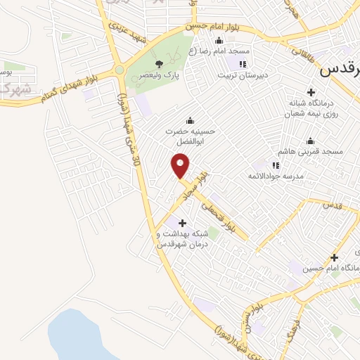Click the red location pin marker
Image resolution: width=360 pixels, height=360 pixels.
pyautogui.click(x=181, y=167)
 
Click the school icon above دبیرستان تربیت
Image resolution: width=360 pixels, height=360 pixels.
pyautogui.click(x=243, y=65)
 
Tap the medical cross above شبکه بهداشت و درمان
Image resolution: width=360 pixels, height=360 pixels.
pyautogui.click(x=183, y=222)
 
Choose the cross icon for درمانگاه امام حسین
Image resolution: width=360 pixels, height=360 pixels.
pyautogui.click(x=334, y=257)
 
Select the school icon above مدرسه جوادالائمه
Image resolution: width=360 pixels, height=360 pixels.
pyautogui.click(x=276, y=165)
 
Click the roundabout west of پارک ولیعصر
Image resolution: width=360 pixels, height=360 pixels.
pyautogui.click(x=119, y=69)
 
